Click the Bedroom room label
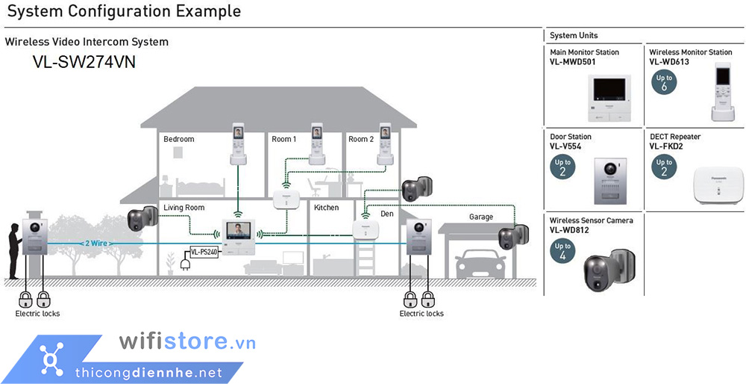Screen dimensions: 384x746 [179, 139]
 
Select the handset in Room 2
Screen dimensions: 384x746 [385, 142]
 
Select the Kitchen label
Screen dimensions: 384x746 [326, 208]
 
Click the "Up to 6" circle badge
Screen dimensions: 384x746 [664, 82]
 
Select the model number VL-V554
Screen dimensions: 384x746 [565, 146]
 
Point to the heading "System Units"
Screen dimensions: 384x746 [574, 35]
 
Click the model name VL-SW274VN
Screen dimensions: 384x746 [84, 63]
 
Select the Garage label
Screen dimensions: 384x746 [481, 217]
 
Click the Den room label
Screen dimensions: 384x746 [387, 214]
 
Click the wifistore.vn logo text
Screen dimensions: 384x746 [187, 342]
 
